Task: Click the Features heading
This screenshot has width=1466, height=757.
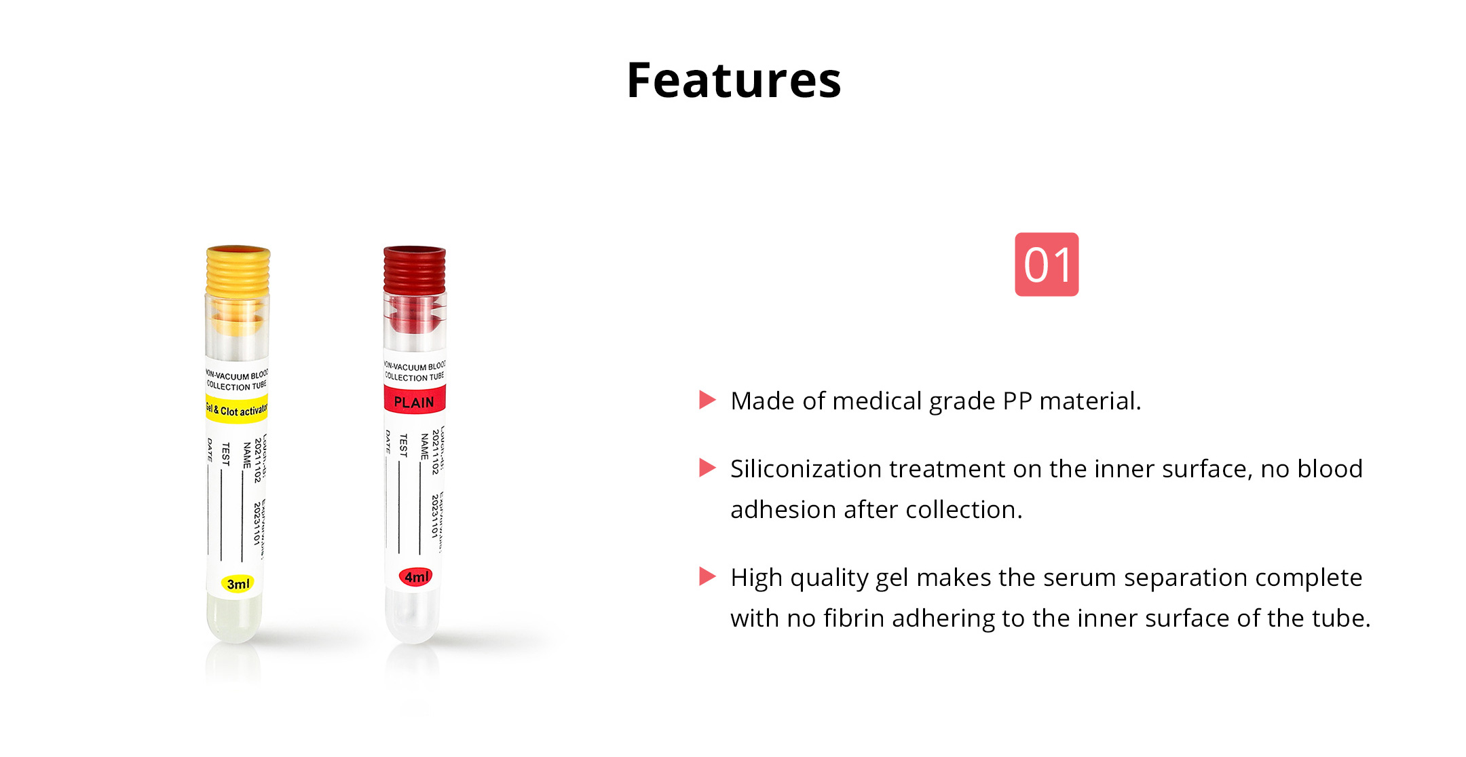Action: click(734, 81)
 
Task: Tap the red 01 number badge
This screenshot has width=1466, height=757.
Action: click(1046, 264)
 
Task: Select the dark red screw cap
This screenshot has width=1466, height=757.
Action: click(415, 271)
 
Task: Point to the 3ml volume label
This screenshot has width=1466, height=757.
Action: click(238, 584)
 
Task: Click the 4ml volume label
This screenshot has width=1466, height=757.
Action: click(416, 577)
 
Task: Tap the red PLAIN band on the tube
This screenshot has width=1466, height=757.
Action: click(414, 401)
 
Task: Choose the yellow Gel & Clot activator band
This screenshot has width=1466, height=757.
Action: click(237, 409)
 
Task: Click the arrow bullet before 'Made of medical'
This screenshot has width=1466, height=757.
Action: click(707, 400)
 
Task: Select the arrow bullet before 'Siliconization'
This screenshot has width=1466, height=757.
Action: click(707, 468)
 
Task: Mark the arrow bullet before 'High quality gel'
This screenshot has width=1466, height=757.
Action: click(707, 576)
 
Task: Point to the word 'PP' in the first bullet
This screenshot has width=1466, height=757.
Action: click(1017, 401)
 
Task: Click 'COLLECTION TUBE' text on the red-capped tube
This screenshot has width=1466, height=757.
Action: click(415, 377)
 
